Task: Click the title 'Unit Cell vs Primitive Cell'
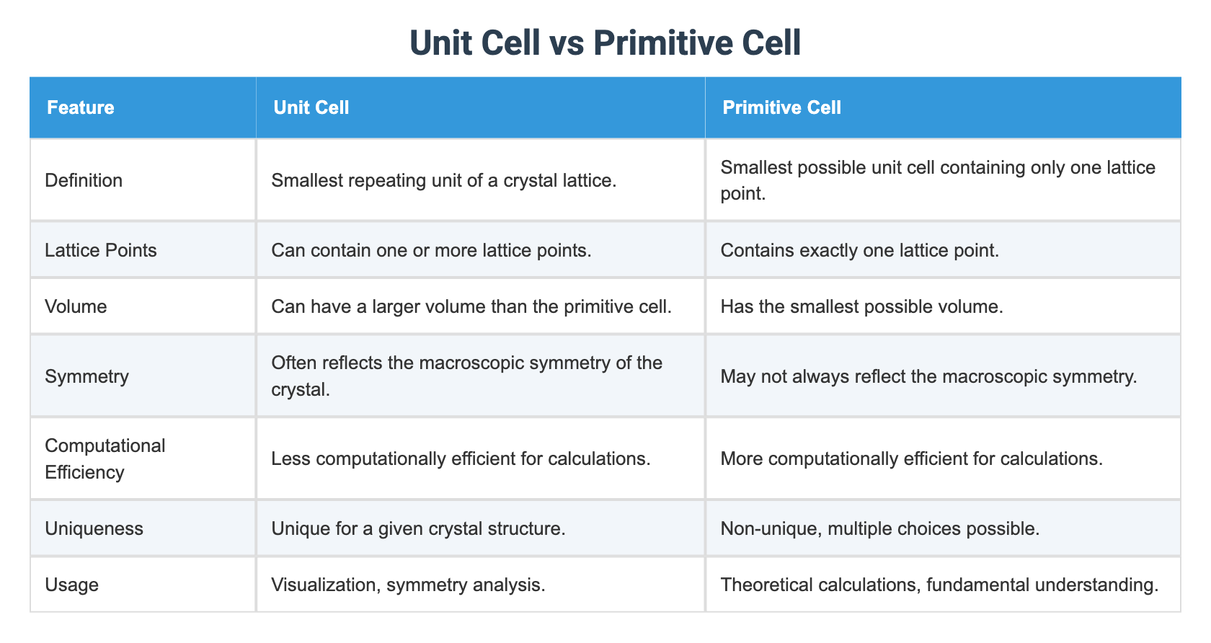coord(605,43)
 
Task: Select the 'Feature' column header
coord(80,108)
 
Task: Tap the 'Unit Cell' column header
coord(311,108)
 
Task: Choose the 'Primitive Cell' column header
coord(781,108)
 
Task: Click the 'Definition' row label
coord(84,180)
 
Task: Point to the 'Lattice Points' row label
coord(100,250)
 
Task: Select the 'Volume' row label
coord(76,306)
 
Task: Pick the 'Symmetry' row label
coord(86,376)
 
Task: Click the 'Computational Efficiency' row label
coord(105,458)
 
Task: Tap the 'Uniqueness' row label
coord(94,528)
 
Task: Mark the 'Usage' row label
coord(71,584)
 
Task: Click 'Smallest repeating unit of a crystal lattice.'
coord(443,180)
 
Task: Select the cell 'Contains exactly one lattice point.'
coord(859,250)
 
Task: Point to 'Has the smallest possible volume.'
coord(861,306)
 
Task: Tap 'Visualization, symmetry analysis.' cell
coord(408,584)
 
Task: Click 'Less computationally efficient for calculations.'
coord(461,458)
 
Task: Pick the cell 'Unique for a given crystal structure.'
coord(418,528)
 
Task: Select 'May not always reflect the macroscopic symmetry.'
coord(928,376)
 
